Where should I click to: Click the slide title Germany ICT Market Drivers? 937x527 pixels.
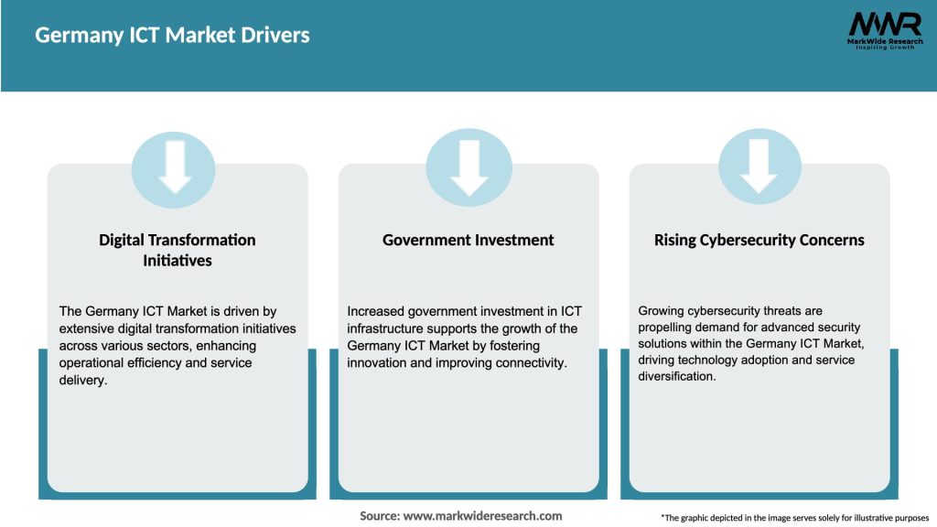point(172,36)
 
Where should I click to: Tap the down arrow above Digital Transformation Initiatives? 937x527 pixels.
point(174,167)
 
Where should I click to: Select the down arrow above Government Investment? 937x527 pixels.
point(468,167)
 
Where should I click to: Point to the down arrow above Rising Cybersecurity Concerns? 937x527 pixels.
point(759,167)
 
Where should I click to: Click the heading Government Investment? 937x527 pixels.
point(468,240)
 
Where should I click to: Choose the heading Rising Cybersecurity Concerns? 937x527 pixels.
point(759,240)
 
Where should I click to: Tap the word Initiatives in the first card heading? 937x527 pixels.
point(178,261)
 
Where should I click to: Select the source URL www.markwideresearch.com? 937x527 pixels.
point(483,516)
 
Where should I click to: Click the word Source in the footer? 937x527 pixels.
point(379,516)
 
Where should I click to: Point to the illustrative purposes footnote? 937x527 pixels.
point(794,518)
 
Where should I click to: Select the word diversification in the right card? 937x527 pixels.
point(676,376)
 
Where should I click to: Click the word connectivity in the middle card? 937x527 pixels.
point(530,363)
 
